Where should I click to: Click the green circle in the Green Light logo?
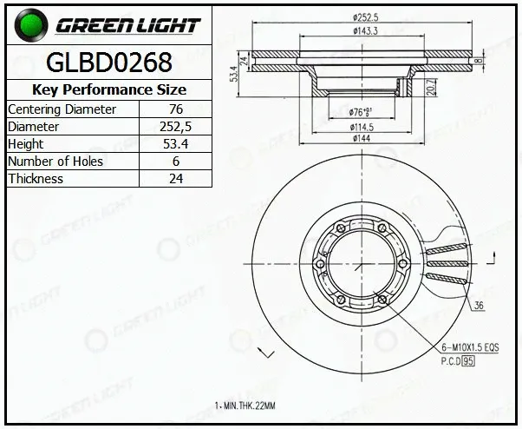coord(31,26)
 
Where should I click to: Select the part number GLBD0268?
coord(109,63)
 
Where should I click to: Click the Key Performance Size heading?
coord(109,89)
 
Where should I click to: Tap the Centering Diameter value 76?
coord(176,109)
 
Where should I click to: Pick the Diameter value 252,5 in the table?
coord(175,126)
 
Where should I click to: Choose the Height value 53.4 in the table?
coord(175,143)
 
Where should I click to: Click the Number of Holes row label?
coord(55,162)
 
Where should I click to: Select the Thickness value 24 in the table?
coord(176,179)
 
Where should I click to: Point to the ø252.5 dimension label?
coord(366,17)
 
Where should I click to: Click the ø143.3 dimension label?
coord(365,31)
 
